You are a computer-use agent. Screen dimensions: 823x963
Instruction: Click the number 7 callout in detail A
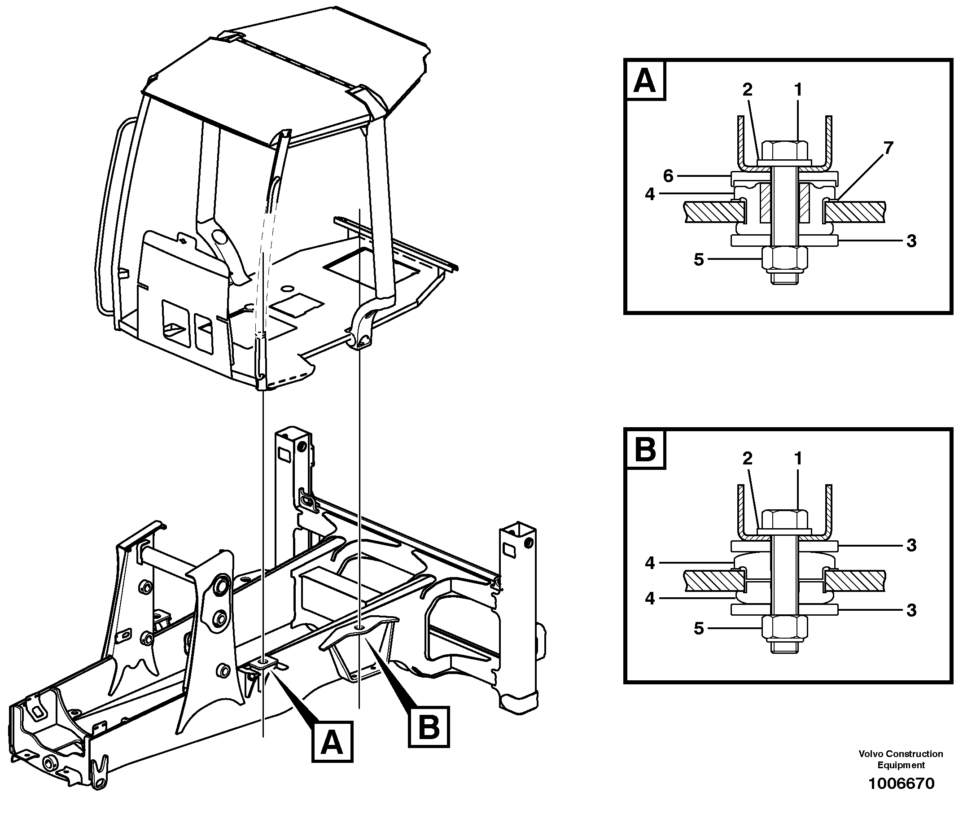[x=888, y=148]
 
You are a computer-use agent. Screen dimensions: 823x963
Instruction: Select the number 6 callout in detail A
[x=668, y=175]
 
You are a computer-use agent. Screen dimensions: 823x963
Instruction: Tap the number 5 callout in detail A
[x=699, y=259]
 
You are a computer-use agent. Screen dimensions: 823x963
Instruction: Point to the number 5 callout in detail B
[x=699, y=628]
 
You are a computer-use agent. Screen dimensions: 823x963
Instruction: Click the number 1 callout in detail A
[x=798, y=89]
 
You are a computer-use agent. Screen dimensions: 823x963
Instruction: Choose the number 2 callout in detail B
[x=747, y=459]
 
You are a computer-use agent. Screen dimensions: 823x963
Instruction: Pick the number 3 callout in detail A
[x=911, y=241]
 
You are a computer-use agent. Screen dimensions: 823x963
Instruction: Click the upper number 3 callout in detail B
[x=911, y=545]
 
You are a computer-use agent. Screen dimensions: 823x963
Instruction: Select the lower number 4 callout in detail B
[x=650, y=598]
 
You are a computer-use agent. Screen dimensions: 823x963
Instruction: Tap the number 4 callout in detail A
[x=650, y=194]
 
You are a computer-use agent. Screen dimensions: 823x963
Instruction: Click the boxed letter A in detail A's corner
[x=645, y=80]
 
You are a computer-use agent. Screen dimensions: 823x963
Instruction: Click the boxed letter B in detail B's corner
[x=645, y=450]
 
